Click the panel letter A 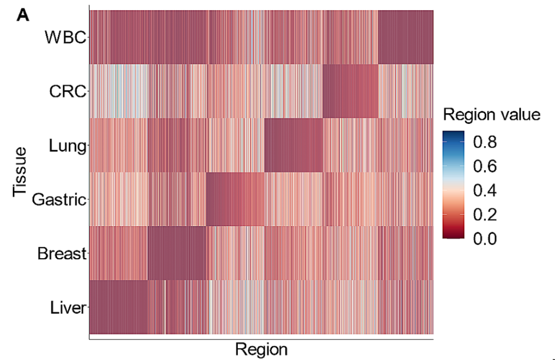24,15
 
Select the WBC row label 65,38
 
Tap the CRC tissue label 67,92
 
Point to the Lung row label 67,146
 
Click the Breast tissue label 61,254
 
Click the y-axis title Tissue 21,171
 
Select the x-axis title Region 261,349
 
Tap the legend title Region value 492,115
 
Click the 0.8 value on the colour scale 484,142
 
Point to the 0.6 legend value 484,167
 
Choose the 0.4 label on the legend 484,191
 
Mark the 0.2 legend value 484,215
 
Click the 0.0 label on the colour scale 484,239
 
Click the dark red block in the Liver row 119,308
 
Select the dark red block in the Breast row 177,253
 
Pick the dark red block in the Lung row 293,145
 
